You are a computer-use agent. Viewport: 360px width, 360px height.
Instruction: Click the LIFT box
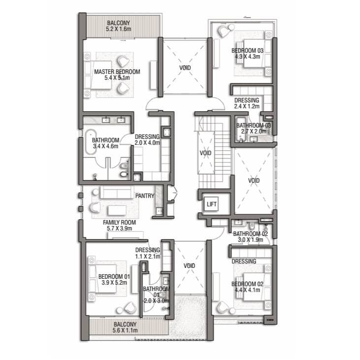[x=211, y=204]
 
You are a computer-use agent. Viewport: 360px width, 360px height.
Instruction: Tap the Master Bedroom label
[x=117, y=71]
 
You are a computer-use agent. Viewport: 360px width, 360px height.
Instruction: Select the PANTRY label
[x=145, y=196]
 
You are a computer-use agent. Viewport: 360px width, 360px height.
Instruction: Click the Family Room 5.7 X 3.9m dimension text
[x=119, y=229]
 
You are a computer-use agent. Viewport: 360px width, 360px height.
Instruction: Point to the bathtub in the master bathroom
[x=91, y=142]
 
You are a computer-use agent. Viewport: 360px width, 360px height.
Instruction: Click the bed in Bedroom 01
[x=102, y=279]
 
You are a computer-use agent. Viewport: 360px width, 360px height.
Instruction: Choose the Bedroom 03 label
[x=247, y=51]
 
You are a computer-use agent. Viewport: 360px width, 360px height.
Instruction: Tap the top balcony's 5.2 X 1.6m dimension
[x=119, y=29]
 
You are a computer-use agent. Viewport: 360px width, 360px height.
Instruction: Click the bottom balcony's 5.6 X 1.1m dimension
[x=125, y=330]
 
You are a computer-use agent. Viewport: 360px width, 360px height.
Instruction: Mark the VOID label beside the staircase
[x=205, y=153]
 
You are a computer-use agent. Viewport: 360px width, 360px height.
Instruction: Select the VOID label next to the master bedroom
[x=185, y=68]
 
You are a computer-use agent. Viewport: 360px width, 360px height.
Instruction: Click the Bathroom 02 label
[x=251, y=234]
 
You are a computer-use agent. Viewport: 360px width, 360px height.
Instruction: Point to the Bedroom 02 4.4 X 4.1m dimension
[x=247, y=290]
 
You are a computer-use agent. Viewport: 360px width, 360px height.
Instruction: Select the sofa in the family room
[x=117, y=193]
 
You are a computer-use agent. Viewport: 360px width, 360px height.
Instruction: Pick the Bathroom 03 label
[x=254, y=126]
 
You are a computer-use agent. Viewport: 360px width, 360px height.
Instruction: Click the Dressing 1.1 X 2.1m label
[x=148, y=253]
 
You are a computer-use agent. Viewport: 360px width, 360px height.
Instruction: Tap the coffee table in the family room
[x=117, y=211]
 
